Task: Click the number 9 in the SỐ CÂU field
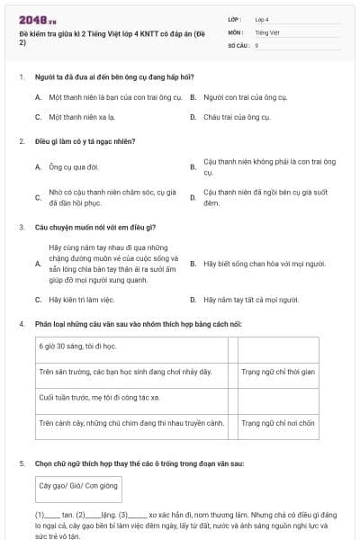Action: [257, 44]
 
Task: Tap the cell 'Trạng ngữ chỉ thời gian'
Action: [278, 371]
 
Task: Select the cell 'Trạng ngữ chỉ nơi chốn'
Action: [278, 422]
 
